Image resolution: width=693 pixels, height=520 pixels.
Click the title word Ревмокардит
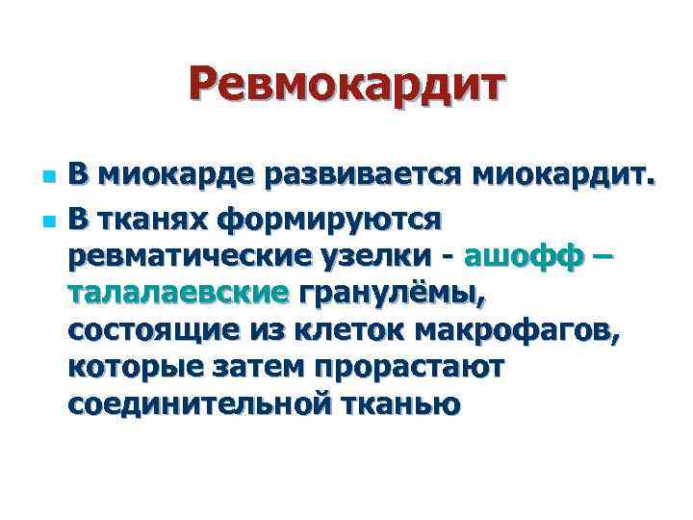346,85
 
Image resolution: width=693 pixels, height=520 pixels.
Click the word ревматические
190,255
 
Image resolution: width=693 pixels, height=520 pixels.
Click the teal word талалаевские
178,293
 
